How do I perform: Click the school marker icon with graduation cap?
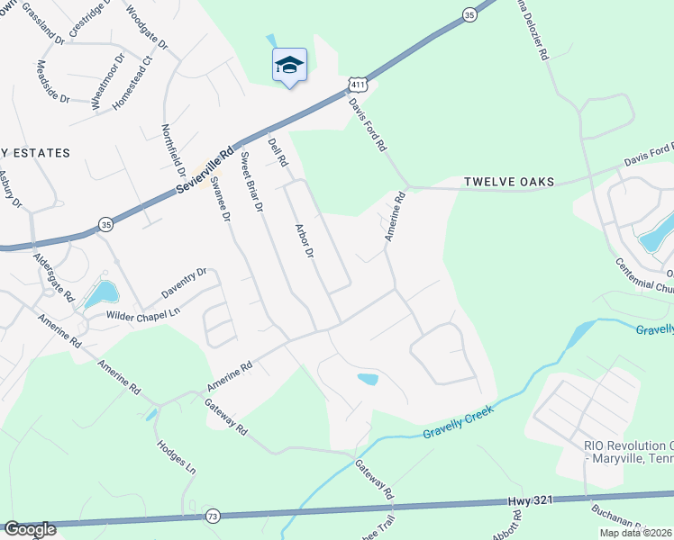[289, 65]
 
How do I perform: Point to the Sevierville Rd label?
[205, 170]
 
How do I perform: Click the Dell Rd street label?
[278, 151]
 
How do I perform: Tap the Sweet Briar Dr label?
[250, 182]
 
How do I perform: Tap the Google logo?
[30, 529]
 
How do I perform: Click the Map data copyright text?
[634, 533]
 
